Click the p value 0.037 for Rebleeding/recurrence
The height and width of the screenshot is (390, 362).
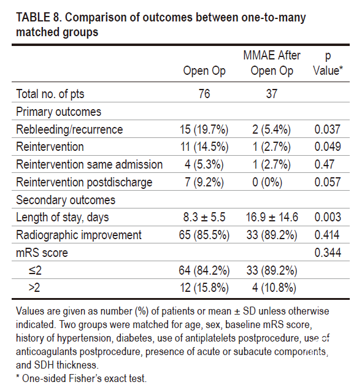(328, 129)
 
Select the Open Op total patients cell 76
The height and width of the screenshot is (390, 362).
(204, 94)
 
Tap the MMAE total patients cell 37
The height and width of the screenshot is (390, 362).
(272, 94)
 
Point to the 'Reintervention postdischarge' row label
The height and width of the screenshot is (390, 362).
(84, 182)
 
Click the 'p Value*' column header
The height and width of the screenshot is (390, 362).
(328, 63)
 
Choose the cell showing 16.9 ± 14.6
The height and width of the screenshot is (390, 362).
(272, 217)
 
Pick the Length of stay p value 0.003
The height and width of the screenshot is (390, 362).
(328, 217)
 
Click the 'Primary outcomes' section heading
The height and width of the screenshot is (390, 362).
(59, 112)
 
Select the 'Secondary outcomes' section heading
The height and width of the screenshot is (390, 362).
(66, 200)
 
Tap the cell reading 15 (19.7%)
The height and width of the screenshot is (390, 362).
(204, 129)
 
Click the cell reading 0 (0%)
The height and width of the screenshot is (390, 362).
(268, 182)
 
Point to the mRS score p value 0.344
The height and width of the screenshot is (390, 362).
(328, 253)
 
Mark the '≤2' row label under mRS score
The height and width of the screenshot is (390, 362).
(35, 270)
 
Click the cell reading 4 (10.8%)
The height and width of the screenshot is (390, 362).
(274, 288)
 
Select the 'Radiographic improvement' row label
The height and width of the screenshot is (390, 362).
(79, 235)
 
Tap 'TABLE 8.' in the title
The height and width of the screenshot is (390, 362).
(39, 18)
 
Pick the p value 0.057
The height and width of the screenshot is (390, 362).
(328, 182)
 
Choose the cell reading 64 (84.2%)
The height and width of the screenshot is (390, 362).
(204, 270)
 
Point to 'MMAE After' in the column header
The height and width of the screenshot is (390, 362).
(272, 55)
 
